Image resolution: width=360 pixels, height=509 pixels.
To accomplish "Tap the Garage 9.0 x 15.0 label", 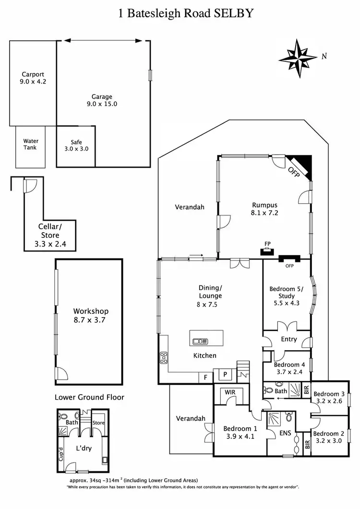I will coord(101,100).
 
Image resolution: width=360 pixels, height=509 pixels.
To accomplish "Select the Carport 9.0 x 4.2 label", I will coord(33,78).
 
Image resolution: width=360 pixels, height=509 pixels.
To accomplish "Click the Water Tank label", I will coord(31,144).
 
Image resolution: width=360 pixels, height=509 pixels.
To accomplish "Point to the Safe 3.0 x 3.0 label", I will coord(76,145).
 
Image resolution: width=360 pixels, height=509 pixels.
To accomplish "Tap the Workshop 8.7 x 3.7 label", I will coord(91,315).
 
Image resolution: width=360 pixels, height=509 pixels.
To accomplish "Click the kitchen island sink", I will coord(199,342).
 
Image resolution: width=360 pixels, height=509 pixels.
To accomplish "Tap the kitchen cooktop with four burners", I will coord(164,358).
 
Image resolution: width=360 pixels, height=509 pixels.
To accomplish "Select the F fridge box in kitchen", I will coord(205,378).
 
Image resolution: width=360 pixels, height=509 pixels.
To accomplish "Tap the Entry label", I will coord(289,339).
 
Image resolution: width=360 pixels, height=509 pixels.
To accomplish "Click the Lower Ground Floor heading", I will coord(89,397).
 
